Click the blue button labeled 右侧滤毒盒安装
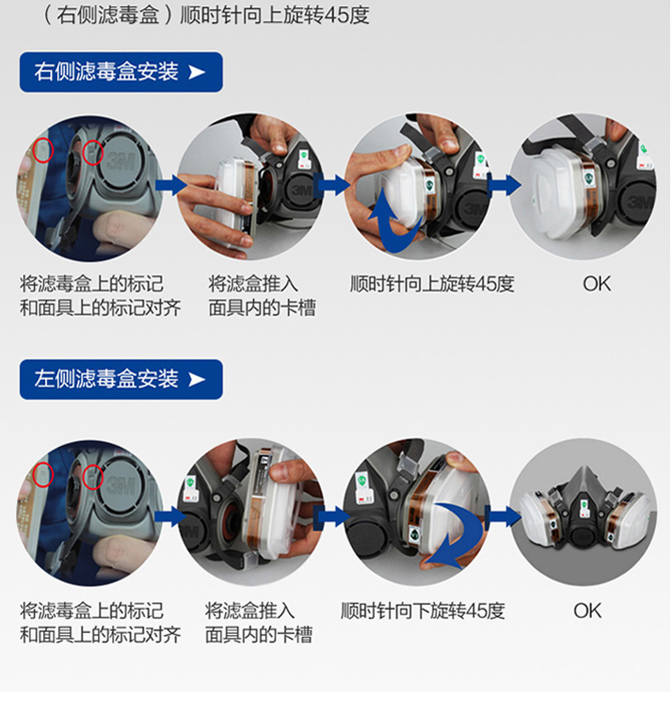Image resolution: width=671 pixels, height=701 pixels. (121, 72)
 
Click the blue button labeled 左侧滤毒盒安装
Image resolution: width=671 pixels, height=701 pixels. (121, 380)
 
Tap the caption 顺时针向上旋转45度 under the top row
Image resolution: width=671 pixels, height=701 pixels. (431, 284)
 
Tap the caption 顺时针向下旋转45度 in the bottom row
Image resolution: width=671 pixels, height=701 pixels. (423, 611)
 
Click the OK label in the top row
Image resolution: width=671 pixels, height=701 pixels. (596, 284)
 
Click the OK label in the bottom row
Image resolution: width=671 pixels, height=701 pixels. (588, 611)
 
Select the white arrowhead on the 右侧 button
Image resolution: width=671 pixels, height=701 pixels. (197, 72)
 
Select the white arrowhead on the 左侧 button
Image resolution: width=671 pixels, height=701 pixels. (197, 380)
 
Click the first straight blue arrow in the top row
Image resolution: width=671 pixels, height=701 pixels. (172, 185)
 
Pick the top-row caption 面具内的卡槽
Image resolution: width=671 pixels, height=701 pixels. (262, 308)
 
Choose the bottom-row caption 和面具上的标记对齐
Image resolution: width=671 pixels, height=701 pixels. (100, 635)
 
